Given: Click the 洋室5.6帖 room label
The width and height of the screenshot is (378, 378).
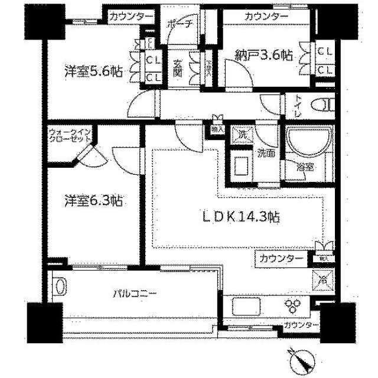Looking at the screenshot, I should click(93, 72).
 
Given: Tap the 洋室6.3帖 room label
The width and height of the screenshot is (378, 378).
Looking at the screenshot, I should click(93, 201).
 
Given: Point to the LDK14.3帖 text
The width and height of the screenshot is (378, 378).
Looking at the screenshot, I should click(242, 217).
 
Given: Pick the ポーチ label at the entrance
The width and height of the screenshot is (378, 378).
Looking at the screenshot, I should click(178, 25).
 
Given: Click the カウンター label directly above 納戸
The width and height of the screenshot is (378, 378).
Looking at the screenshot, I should click(266, 16).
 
